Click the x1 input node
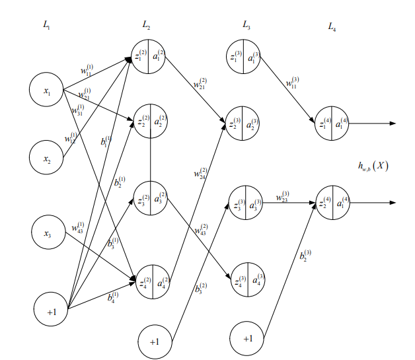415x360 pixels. coord(46,92)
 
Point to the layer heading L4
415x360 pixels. coord(332,26)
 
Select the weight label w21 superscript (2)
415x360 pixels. coord(200,85)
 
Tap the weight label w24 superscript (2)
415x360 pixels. coord(200,173)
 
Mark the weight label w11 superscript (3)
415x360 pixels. coord(292,83)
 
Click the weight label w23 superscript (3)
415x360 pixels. coord(282,196)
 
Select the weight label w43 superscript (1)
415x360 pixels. coord(77,227)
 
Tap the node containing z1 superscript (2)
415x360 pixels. coord(149,57)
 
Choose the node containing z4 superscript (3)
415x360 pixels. coord(246,281)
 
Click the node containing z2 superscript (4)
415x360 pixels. coord(332,202)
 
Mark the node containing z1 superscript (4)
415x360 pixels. coord(332,123)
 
